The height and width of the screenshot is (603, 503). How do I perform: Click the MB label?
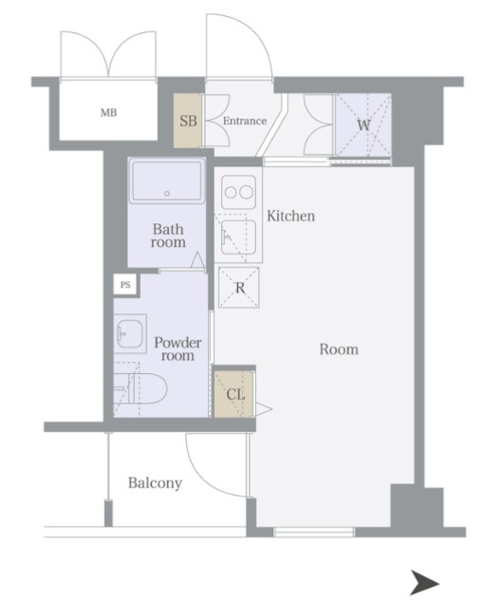pos(108,113)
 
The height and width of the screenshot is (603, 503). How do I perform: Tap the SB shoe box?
pos(188,121)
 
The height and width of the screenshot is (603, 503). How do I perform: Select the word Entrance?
pos(245,121)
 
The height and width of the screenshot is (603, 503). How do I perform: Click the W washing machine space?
pos(363,125)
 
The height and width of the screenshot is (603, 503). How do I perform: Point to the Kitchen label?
pos(291,216)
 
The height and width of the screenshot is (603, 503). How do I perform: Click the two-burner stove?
pos(238,192)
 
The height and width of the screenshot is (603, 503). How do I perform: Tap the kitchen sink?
pos(238,237)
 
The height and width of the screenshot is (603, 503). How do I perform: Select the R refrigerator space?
pos(239,288)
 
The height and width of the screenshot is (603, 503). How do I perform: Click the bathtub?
pos(167,180)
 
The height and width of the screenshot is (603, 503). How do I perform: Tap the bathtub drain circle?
pos(167,194)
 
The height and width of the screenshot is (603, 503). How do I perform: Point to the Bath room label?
pos(168,236)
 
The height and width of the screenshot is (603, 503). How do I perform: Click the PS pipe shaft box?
pos(125,285)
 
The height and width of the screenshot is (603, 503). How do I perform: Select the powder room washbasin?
pos(130,334)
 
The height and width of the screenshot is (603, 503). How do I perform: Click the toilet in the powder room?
pos(140,388)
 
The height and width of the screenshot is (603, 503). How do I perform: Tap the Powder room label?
pos(177,349)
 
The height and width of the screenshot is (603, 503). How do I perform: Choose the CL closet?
pos(234,394)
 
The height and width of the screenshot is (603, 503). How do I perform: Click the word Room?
pos(339,349)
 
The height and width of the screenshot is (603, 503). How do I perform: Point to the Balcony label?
pos(156,483)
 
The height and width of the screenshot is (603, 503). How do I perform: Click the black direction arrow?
pos(424,583)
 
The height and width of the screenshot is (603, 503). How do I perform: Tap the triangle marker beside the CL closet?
pos(263,408)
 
